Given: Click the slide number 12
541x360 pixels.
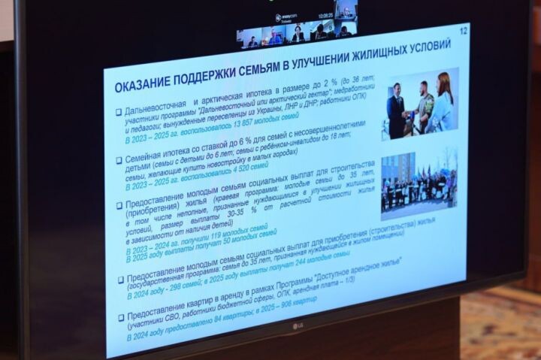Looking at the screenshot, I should (463, 31).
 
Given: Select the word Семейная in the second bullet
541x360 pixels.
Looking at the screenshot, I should (147, 159).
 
